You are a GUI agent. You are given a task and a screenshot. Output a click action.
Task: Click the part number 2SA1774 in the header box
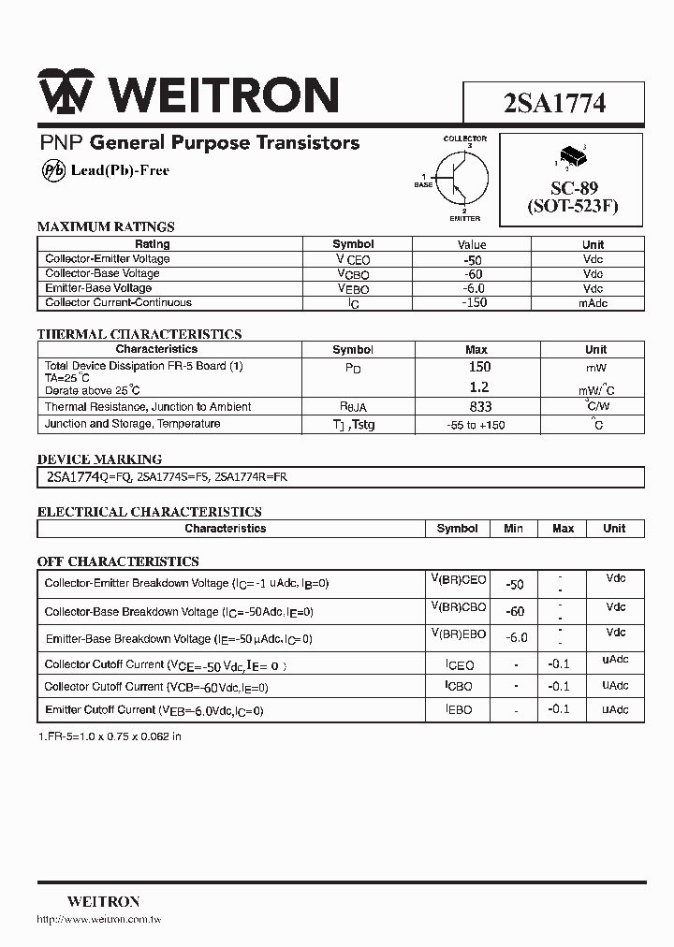554,103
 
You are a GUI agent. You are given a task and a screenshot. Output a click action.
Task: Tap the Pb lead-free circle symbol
54,170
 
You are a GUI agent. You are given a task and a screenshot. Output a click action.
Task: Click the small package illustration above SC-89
570,154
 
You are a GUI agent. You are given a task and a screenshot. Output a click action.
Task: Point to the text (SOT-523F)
573,207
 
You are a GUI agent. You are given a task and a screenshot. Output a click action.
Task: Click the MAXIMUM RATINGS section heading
106,226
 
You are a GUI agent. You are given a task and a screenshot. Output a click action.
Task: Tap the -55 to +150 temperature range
477,425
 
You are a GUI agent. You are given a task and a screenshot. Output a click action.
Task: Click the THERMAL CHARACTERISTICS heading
139,334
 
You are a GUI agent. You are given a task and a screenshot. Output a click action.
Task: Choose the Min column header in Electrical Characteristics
513,529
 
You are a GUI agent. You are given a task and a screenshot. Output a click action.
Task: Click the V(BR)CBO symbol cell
458,608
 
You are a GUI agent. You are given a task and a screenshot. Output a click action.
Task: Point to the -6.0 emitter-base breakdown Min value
517,637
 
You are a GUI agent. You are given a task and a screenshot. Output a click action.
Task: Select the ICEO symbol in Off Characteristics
459,665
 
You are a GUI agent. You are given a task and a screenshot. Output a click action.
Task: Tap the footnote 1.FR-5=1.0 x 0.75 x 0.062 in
110,736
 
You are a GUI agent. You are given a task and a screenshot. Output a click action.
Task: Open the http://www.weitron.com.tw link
98,920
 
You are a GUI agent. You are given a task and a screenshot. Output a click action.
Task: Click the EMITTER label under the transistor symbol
464,219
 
